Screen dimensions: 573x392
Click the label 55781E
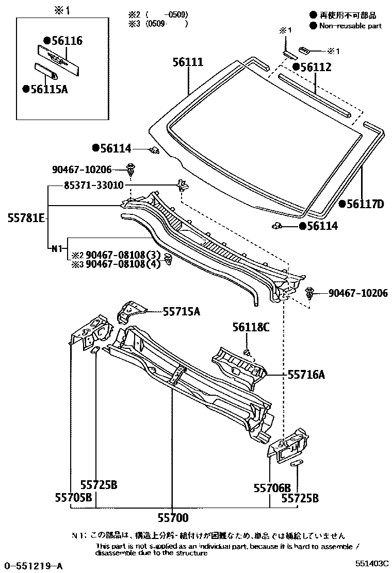click(x=26, y=218)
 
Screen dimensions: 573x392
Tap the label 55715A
click(x=181, y=311)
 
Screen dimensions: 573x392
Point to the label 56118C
click(x=251, y=327)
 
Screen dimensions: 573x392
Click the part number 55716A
click(x=306, y=375)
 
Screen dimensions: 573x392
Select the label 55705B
click(x=74, y=498)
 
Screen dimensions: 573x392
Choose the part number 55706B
click(x=272, y=487)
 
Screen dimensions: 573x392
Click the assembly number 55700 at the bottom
click(x=173, y=518)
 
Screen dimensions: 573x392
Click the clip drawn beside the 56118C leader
click(x=248, y=352)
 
